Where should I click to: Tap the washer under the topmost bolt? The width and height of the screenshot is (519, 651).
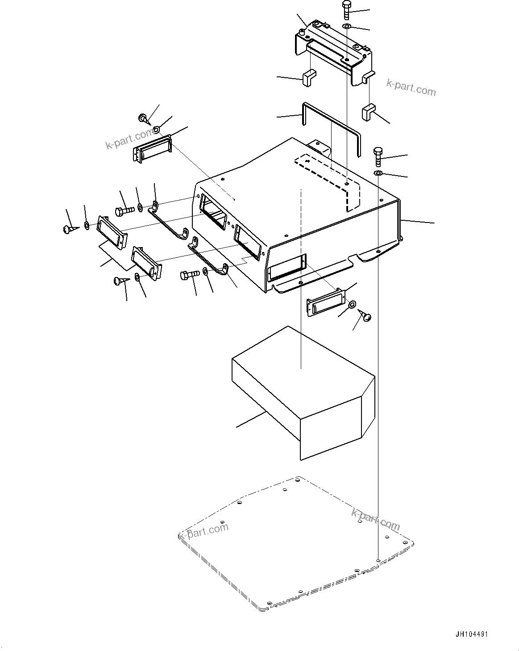coord(347,27)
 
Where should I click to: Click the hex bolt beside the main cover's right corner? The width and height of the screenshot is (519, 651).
coord(378,156)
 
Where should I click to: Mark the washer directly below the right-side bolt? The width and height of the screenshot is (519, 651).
coord(378,173)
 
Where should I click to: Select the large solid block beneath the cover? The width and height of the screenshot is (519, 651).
coord(303,393)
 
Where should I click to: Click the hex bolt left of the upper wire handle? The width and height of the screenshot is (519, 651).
coord(125,210)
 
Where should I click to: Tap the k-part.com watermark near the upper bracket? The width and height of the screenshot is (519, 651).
coord(411,88)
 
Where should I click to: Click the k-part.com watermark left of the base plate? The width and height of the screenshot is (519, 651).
coord(203,530)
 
